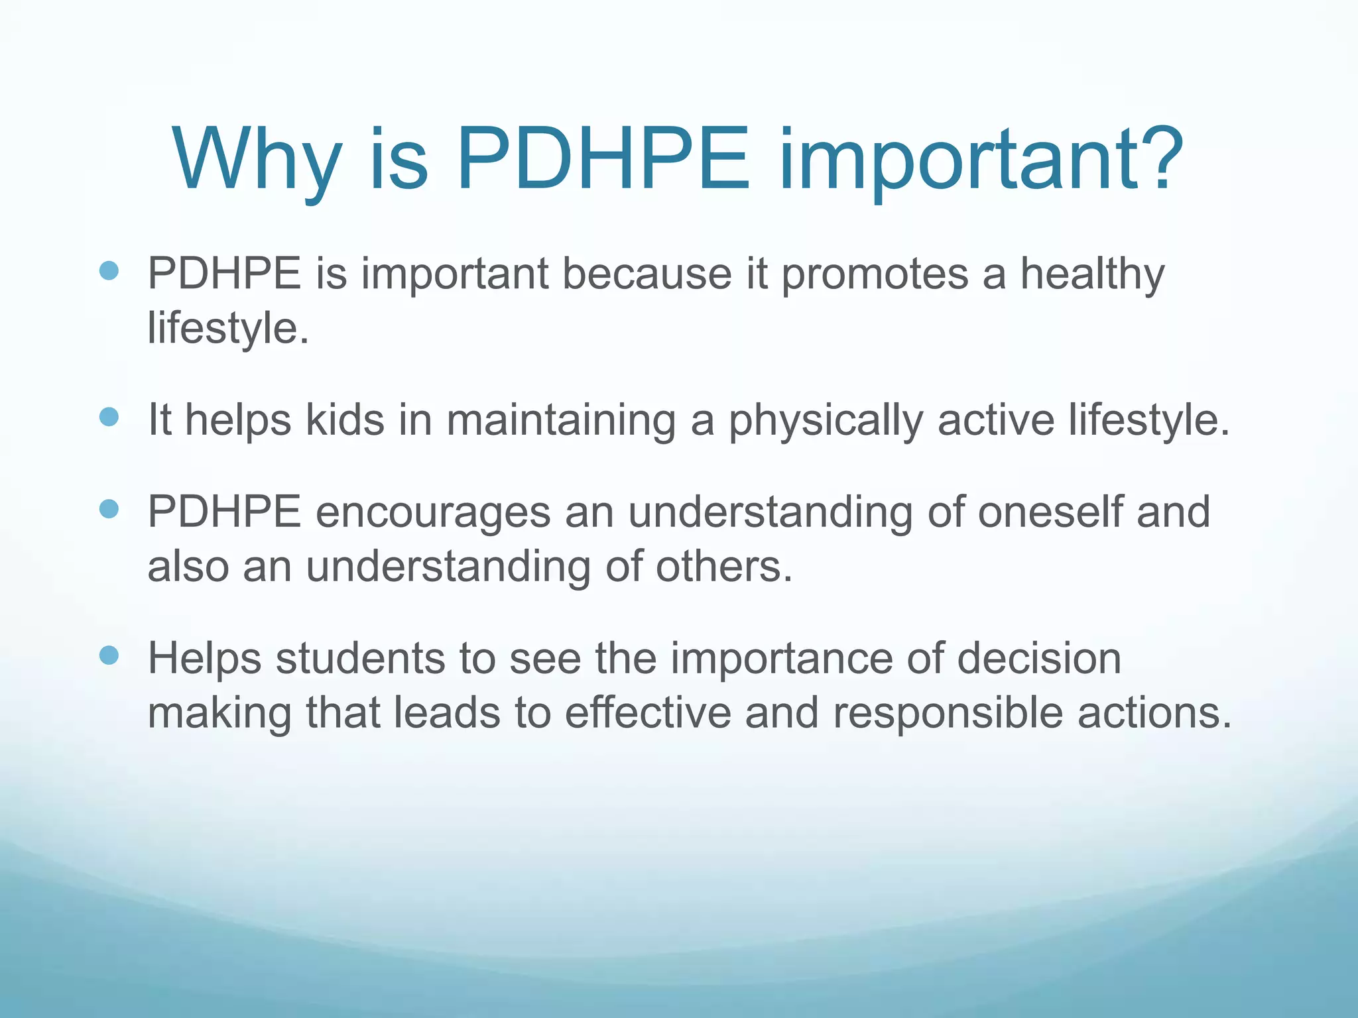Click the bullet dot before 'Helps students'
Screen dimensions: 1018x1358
109,655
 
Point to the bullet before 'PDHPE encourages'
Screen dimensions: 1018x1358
109,509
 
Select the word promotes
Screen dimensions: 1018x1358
875,274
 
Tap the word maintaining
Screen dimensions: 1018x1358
561,420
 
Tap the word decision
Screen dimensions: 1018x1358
1039,659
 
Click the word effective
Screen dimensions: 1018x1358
647,713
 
